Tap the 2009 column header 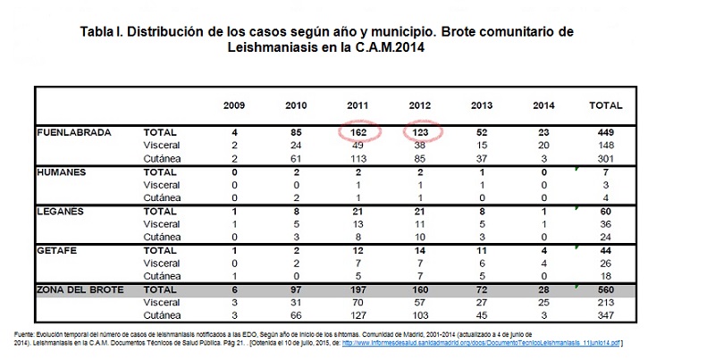tap(234, 105)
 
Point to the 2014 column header tap(543, 105)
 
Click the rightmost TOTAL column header tap(606, 105)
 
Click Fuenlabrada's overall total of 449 tap(606, 132)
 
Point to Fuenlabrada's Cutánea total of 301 tap(606, 157)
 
